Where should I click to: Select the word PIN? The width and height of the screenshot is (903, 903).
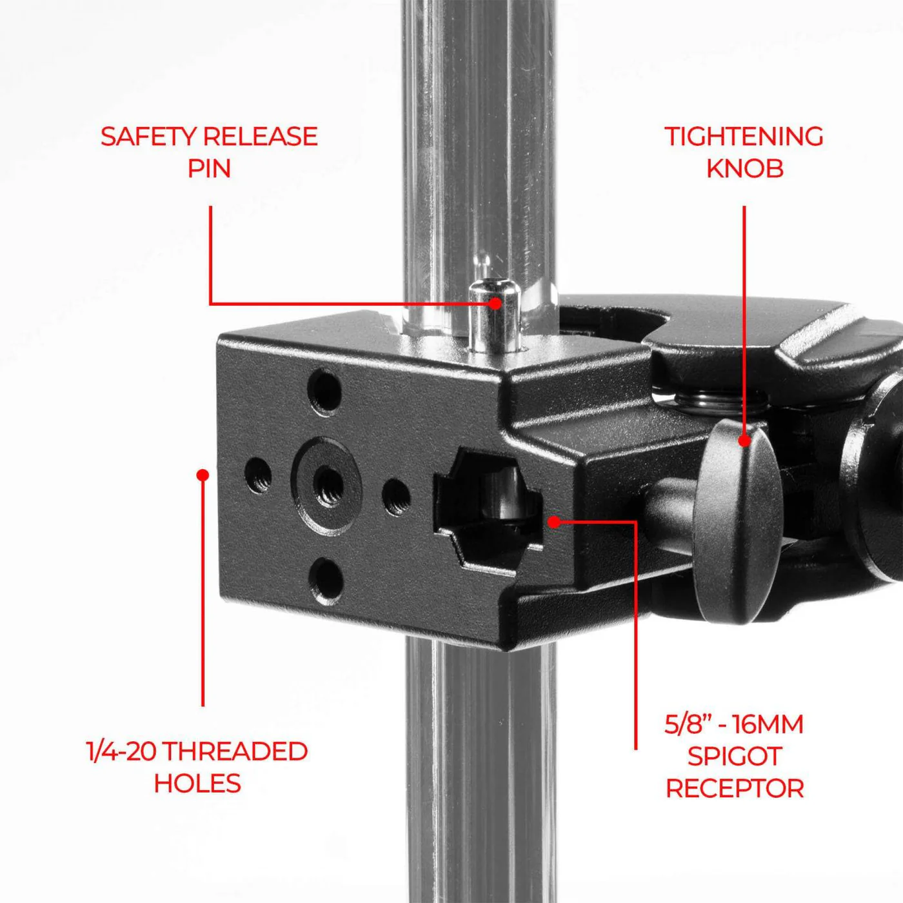coord(210,169)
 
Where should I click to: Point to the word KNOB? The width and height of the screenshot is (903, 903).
coord(744,169)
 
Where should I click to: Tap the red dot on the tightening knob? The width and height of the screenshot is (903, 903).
coord(744,441)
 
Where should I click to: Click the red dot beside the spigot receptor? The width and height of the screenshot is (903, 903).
coord(554,522)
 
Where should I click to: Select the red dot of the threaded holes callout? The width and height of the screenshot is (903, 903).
coord(203,475)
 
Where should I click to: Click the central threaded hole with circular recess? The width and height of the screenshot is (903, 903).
coord(326,484)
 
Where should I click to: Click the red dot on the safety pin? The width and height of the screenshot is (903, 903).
coord(495,303)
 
